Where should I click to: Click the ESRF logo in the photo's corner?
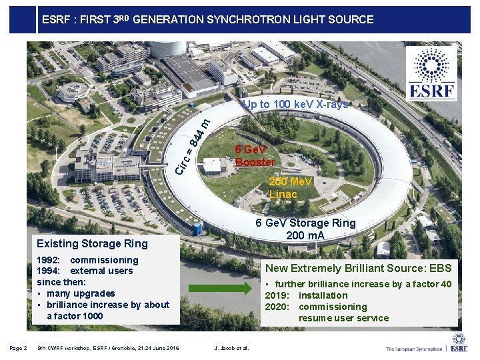[433, 73]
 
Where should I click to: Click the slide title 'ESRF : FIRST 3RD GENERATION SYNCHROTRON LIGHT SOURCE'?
[207, 20]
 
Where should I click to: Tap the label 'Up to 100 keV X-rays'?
[295, 104]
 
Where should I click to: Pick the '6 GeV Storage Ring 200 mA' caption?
[306, 229]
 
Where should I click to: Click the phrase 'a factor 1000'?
[75, 316]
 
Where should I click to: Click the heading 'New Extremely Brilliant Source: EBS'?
[359, 268]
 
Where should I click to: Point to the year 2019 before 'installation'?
[277, 295]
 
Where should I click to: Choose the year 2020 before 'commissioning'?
[277, 307]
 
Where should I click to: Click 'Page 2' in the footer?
[19, 348]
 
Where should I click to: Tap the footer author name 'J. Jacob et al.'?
[230, 348]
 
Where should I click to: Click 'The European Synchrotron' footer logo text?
[416, 348]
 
